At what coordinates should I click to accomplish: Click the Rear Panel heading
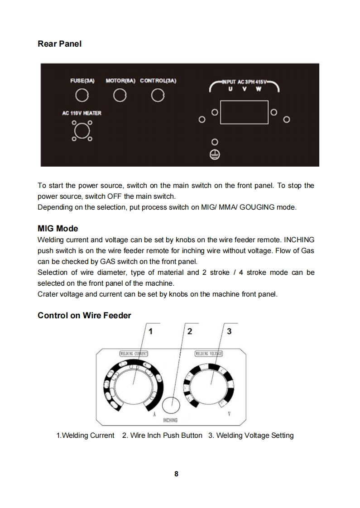(60, 44)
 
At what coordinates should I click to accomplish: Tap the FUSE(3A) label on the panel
(82, 81)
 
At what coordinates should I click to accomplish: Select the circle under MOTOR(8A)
(120, 96)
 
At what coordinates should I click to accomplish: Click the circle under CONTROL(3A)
(157, 96)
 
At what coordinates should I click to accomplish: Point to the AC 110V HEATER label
(82, 113)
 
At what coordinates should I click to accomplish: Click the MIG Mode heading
(58, 229)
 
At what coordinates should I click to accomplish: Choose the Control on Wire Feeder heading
(84, 315)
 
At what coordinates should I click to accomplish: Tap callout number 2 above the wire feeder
(190, 331)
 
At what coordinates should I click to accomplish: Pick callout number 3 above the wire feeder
(229, 331)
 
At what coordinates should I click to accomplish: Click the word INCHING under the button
(170, 420)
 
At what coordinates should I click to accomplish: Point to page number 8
(177, 474)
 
